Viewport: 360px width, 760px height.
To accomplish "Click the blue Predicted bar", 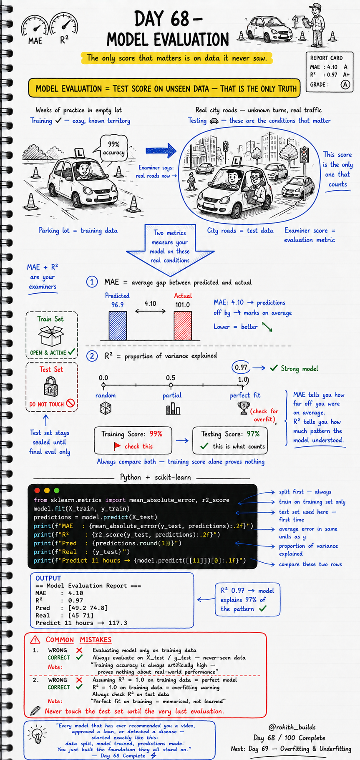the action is pos(118,325).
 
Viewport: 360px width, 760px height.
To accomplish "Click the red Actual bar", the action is pos(183,325).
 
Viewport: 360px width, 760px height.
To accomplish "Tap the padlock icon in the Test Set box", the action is pos(51,386).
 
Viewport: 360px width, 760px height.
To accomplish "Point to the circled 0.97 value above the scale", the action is pos(241,367).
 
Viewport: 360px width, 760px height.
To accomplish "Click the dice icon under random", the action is pos(105,408).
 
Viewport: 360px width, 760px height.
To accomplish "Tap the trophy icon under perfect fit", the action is pos(244,408).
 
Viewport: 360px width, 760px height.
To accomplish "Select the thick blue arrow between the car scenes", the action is pos(161,150).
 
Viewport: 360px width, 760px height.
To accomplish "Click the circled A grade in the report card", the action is pos(345,85).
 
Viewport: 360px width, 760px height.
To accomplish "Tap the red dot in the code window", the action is pos(37,491).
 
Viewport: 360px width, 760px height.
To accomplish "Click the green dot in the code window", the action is pos(57,491).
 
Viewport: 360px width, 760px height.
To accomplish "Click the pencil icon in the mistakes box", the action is pos(35,710).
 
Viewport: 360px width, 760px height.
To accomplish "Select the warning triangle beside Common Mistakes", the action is pos(35,639).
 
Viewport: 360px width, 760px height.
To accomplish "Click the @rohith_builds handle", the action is pos(292,727).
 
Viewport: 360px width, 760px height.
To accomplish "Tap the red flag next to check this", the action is pos(117,446).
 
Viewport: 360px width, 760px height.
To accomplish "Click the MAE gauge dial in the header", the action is pos(35,28).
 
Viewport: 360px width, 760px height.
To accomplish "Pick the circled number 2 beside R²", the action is pos(92,356).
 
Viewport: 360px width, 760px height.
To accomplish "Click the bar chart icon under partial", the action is pos(173,408).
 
